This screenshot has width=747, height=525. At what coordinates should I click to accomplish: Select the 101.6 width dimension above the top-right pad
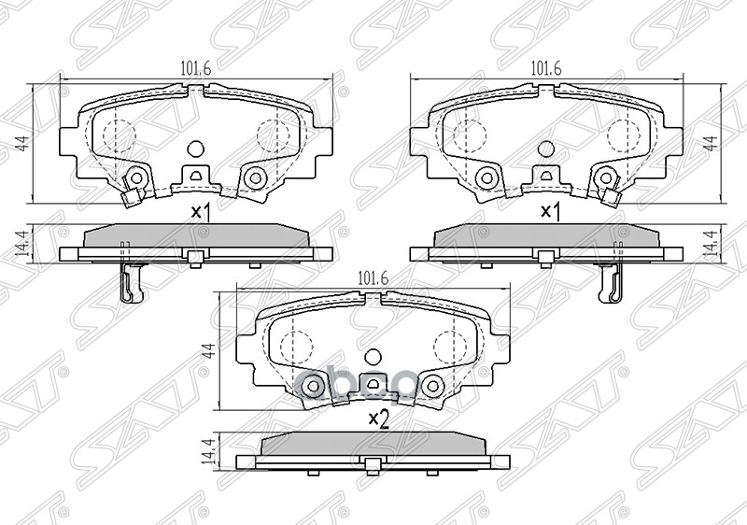point(544,68)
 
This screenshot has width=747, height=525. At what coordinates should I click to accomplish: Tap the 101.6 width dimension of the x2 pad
point(373,277)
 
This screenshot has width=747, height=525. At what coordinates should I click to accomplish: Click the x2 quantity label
point(377,419)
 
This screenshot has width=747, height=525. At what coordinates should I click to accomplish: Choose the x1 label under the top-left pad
point(201,211)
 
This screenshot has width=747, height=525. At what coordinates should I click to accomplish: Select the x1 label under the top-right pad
point(551,211)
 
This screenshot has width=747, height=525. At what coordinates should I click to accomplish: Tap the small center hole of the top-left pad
point(195,148)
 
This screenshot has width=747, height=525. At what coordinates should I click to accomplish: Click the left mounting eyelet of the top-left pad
point(136,177)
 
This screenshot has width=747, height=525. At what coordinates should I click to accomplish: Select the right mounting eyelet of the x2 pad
point(432,385)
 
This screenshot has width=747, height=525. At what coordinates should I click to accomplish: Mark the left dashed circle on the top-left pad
point(117,134)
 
